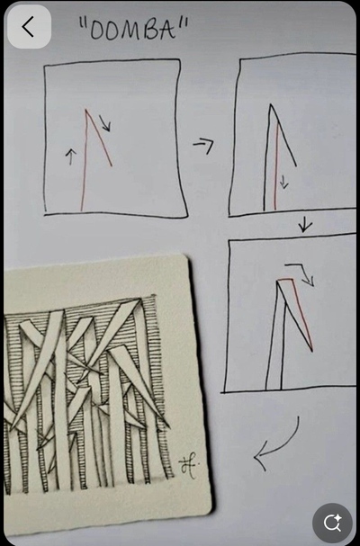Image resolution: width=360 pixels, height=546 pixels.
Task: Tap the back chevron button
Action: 29,26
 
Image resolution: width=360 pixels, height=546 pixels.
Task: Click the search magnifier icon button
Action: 332,523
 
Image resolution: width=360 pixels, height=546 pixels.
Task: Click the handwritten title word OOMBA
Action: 131,30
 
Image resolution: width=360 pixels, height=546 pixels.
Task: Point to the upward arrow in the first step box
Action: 71,157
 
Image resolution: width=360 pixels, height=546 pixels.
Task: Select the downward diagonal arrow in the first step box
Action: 105,123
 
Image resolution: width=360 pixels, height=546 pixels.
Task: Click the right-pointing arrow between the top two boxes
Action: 204,145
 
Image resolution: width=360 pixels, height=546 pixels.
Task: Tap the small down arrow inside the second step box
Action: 284,182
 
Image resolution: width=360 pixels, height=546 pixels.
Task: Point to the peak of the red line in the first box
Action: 85,110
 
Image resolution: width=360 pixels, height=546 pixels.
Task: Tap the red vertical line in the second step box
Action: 276,166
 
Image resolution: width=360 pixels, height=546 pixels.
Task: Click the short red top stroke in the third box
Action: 285,279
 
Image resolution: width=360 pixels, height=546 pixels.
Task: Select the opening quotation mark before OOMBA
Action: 83,25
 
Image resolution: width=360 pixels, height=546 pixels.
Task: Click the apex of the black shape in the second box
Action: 270,104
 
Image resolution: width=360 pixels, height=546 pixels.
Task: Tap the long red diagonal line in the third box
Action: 302,315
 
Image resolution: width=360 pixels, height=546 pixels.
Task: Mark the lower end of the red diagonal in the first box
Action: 112,166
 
